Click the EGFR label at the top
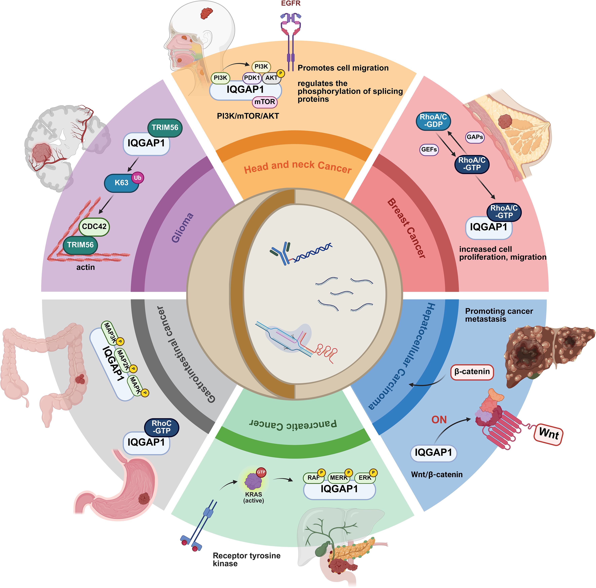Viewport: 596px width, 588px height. [291, 4]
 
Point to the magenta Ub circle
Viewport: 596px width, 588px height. [138, 178]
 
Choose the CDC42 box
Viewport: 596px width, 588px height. [94, 226]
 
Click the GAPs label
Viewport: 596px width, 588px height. [475, 137]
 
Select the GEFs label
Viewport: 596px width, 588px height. [429, 150]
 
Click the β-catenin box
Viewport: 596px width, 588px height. [472, 372]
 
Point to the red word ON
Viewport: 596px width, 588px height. [439, 420]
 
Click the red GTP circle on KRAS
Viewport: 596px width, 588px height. [261, 472]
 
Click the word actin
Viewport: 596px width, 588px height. [85, 267]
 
